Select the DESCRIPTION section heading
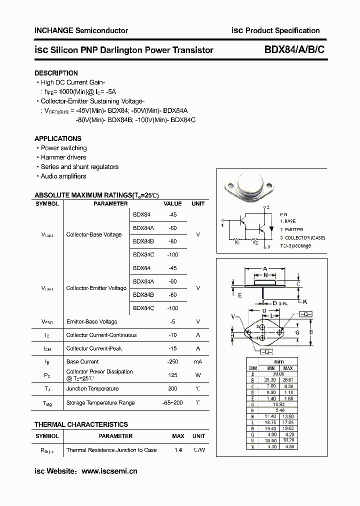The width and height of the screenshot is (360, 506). [x=56, y=73]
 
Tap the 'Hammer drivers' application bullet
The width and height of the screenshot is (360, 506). [x=63, y=157]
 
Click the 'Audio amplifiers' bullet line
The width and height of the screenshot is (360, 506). [x=63, y=176]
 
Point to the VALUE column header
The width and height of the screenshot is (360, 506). [x=173, y=204]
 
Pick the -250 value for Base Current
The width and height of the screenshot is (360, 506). [x=173, y=361]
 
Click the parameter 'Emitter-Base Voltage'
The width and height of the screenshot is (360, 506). [x=91, y=321]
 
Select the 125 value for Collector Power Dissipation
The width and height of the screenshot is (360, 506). [x=173, y=374]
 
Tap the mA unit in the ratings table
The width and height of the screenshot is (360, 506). [x=198, y=361]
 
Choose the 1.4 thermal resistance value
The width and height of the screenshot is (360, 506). [x=178, y=450]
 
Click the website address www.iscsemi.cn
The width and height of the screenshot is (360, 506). [x=109, y=471]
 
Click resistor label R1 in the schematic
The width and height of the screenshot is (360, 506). [x=237, y=243]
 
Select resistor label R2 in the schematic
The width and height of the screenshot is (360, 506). [x=255, y=243]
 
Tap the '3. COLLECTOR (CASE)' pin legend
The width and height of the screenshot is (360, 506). [x=302, y=238]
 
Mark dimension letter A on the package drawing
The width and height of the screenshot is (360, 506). [x=265, y=268]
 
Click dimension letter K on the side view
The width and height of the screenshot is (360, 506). [x=305, y=301]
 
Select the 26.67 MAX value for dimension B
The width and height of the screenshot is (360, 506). [x=288, y=379]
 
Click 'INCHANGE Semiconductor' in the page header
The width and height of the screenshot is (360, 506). [x=81, y=30]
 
